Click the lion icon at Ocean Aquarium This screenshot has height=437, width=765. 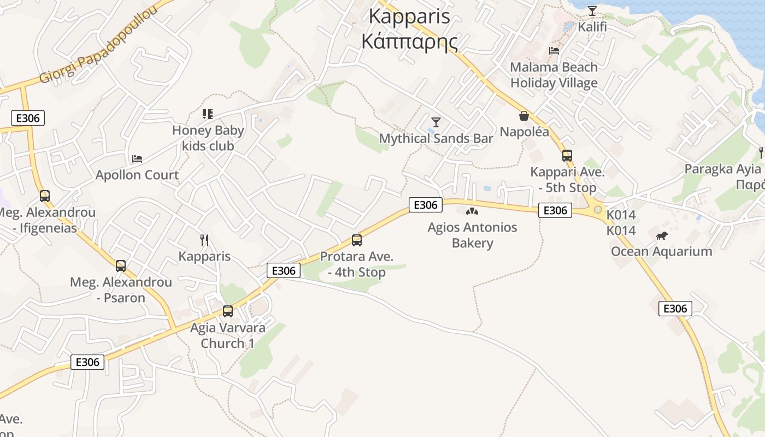point(662,236)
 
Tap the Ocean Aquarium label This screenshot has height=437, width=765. point(661,251)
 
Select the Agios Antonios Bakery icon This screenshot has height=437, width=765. point(472,211)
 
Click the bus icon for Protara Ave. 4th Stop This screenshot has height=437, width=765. point(357,240)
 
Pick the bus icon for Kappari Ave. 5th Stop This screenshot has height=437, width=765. point(567,156)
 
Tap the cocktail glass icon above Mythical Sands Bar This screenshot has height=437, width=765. point(436,122)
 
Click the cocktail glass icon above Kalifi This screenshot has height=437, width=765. point(592,11)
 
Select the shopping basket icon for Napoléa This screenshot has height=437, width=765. point(524,116)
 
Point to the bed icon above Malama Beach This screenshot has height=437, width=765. point(554,51)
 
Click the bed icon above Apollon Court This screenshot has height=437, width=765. point(137,159)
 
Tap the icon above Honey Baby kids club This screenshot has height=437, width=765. point(208,114)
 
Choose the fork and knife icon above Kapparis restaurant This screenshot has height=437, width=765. point(204,240)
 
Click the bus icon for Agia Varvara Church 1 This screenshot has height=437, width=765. point(228,311)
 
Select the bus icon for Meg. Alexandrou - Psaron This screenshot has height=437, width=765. point(121,266)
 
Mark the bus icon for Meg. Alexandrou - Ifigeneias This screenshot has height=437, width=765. point(45,196)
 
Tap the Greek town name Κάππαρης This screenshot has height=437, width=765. point(409,42)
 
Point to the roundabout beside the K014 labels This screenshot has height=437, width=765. point(598,210)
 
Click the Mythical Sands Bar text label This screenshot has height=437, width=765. point(436,139)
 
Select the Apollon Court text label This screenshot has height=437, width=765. point(137,175)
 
